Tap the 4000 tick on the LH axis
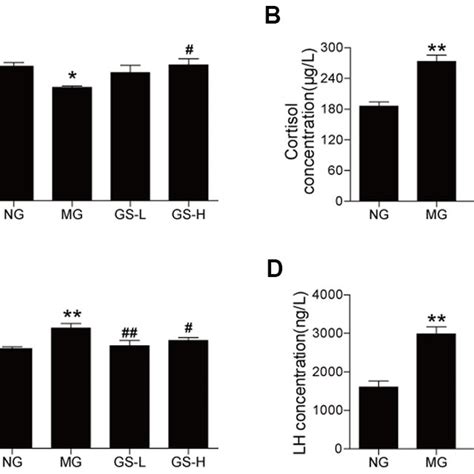coord(328,295)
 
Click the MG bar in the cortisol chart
coord(436,130)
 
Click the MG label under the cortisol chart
coord(436,214)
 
